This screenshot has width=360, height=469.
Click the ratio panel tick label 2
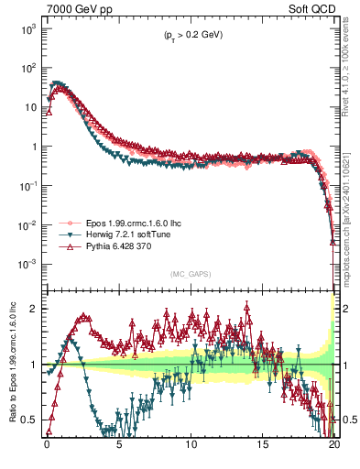pos(32,309)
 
